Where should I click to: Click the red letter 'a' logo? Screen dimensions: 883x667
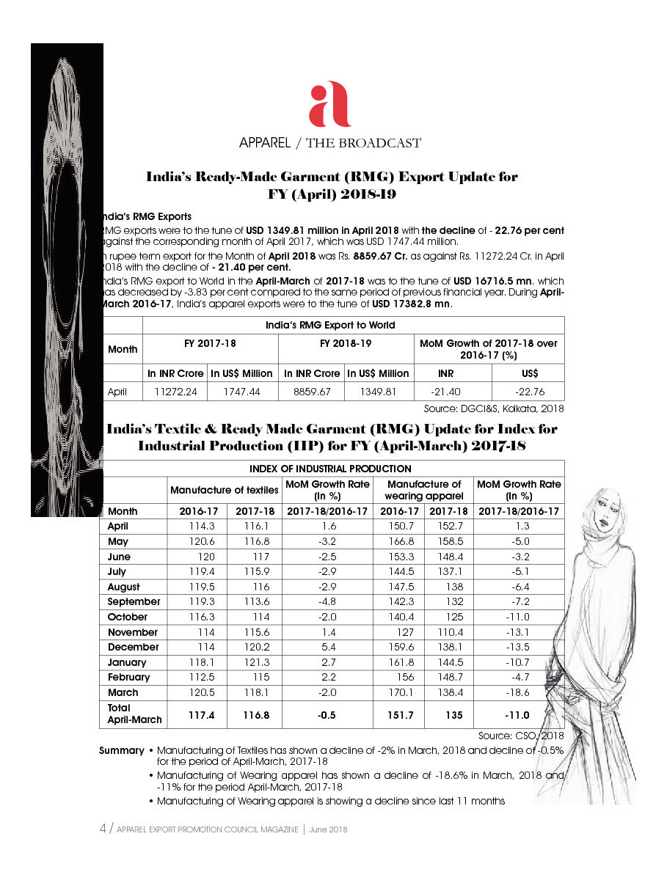click(329, 106)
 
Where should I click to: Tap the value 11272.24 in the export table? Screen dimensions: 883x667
click(175, 392)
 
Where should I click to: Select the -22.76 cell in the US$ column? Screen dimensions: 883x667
click(526, 392)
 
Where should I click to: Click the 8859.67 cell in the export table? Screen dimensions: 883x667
click(312, 392)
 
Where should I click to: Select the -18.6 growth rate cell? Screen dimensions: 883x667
click(519, 692)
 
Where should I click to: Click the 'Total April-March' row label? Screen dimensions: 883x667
click(134, 714)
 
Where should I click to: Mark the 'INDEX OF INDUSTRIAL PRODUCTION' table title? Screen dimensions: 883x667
click(330, 469)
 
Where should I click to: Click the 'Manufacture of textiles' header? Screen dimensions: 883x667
click(224, 490)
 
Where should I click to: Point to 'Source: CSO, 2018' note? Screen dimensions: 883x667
click(521, 736)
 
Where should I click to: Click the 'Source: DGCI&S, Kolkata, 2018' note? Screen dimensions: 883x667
click(493, 408)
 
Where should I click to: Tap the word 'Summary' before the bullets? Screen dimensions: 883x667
click(122, 750)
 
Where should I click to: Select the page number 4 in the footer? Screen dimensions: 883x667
click(103, 829)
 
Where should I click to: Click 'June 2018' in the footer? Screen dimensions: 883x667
click(328, 829)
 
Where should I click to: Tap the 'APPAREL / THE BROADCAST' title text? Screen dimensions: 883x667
click(329, 143)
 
